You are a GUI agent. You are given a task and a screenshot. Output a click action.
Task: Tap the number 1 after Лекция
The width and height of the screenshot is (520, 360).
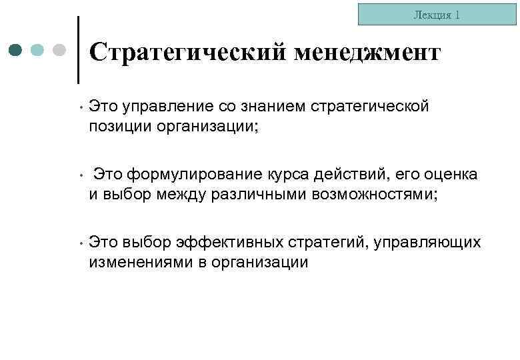(x=457, y=15)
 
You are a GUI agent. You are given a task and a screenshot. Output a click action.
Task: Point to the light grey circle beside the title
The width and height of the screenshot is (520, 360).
(x=59, y=50)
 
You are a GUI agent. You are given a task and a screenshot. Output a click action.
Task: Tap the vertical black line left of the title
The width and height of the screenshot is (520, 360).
(x=79, y=50)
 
